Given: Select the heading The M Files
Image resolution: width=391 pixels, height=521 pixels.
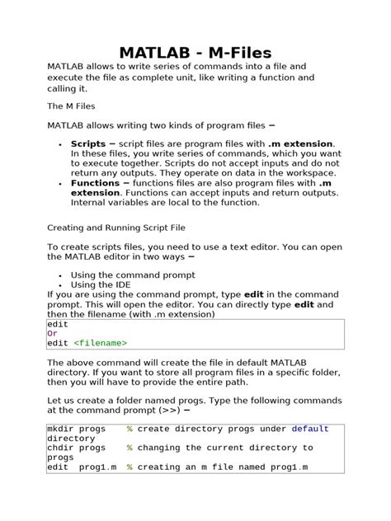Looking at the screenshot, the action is click(73, 106).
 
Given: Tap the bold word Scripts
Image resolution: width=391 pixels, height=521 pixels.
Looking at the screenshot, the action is click(88, 143).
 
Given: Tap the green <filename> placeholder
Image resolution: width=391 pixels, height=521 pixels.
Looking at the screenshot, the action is click(100, 343).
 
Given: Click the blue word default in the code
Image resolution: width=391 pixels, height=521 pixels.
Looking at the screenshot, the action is click(309, 429).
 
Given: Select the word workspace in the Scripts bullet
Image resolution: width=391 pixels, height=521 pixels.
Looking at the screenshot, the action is click(308, 173).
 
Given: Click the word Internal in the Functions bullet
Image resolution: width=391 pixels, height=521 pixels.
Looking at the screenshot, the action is click(92, 202).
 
